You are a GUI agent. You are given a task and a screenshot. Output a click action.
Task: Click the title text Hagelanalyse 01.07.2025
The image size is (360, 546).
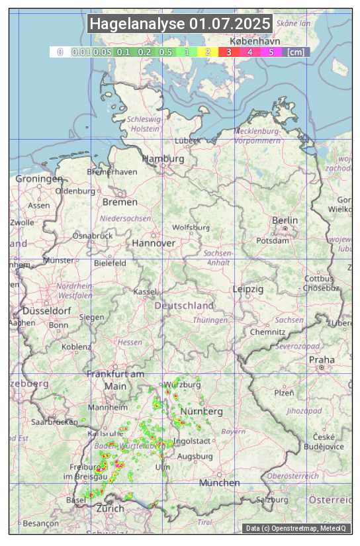point(180,24)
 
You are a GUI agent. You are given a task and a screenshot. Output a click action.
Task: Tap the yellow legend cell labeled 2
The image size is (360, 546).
point(208,52)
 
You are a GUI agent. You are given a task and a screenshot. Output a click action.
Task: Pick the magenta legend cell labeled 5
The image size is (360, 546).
point(271,52)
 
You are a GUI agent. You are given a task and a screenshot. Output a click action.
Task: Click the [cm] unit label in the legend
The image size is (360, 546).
point(296,52)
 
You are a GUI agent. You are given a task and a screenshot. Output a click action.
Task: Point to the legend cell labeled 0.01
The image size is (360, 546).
point(81,52)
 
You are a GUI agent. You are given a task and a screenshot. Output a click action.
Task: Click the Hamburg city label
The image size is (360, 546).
point(163,159)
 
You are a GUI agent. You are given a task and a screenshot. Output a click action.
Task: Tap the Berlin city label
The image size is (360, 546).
point(285,220)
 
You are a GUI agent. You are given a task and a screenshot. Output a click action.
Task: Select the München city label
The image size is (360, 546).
point(220,483)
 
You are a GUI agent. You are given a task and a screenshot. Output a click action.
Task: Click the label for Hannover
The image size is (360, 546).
point(154,243)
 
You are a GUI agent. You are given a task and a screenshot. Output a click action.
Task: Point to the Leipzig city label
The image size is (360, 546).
point(248,289)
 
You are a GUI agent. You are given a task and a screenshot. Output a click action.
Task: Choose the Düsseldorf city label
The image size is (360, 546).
point(47,310)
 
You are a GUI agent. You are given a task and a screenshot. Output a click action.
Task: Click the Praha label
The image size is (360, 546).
point(322,359)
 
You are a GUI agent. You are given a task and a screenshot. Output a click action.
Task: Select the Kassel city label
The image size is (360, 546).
point(144,292)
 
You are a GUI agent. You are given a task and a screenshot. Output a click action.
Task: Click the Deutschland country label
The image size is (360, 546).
point(184,306)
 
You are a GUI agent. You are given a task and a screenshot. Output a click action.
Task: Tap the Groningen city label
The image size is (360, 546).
point(39,179)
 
